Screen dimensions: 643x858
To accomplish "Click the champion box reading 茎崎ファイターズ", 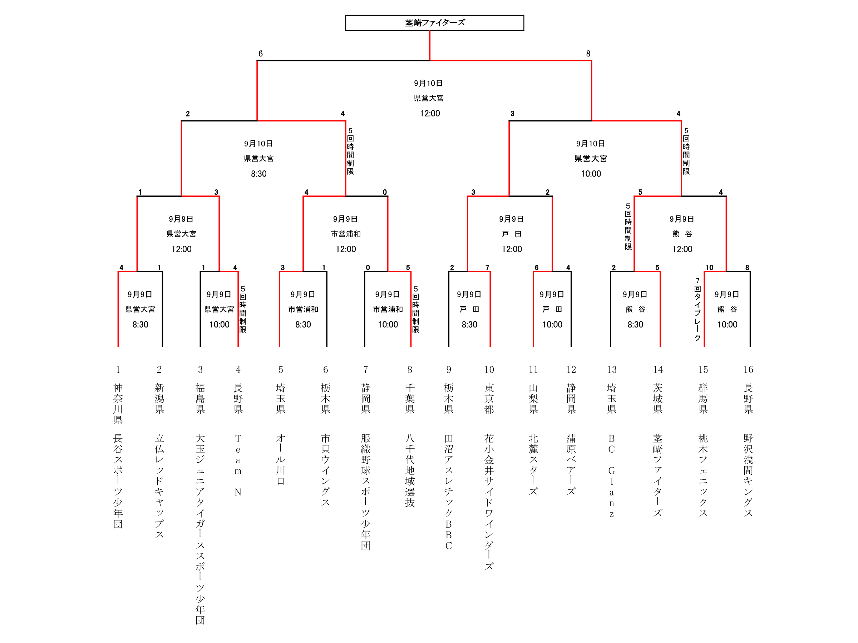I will click(x=434, y=23).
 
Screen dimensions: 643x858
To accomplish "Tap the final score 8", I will click(x=588, y=54).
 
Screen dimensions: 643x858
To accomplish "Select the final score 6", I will click(x=261, y=54).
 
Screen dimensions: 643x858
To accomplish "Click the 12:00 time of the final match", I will click(x=430, y=114).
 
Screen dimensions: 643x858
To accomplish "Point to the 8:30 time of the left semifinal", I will click(x=259, y=174).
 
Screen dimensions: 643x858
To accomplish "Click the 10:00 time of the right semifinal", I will click(x=591, y=174).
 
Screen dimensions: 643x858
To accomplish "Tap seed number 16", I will click(x=748, y=370).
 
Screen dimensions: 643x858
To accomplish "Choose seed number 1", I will click(x=118, y=370).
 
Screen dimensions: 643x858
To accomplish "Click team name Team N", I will click(x=238, y=465).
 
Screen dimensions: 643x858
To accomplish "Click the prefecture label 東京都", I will click(x=489, y=399).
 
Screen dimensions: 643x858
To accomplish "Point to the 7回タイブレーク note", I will click(x=697, y=309).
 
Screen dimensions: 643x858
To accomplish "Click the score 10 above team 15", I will click(x=709, y=268).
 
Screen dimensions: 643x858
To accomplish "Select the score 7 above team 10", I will click(x=487, y=268).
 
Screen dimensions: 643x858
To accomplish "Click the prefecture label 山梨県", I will click(x=533, y=399).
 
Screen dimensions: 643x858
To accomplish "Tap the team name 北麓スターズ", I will click(x=533, y=465).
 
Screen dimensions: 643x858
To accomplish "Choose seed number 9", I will click(x=448, y=370).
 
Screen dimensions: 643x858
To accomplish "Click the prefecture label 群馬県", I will click(x=703, y=399).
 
